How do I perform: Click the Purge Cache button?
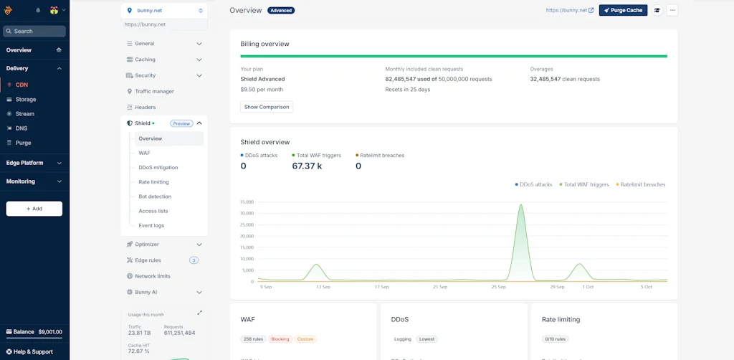pos(623,11)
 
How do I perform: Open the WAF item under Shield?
pos(144,153)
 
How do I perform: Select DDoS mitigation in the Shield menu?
pos(158,168)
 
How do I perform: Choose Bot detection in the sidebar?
pos(155,196)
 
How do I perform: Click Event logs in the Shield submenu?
pos(151,225)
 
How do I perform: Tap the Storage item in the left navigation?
pos(26,100)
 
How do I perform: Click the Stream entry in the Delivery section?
pos(25,114)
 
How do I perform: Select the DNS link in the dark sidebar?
pos(22,128)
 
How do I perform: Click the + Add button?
pos(34,209)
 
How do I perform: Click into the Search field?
pos(34,32)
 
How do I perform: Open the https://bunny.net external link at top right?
pos(569,11)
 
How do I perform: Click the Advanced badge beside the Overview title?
pos(280,11)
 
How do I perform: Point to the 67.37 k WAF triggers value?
pos(307,166)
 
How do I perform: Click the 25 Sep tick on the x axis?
pos(498,287)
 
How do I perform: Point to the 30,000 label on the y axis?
pos(247,213)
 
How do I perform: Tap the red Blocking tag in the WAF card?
pos(280,338)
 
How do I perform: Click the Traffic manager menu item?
pos(154,92)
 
